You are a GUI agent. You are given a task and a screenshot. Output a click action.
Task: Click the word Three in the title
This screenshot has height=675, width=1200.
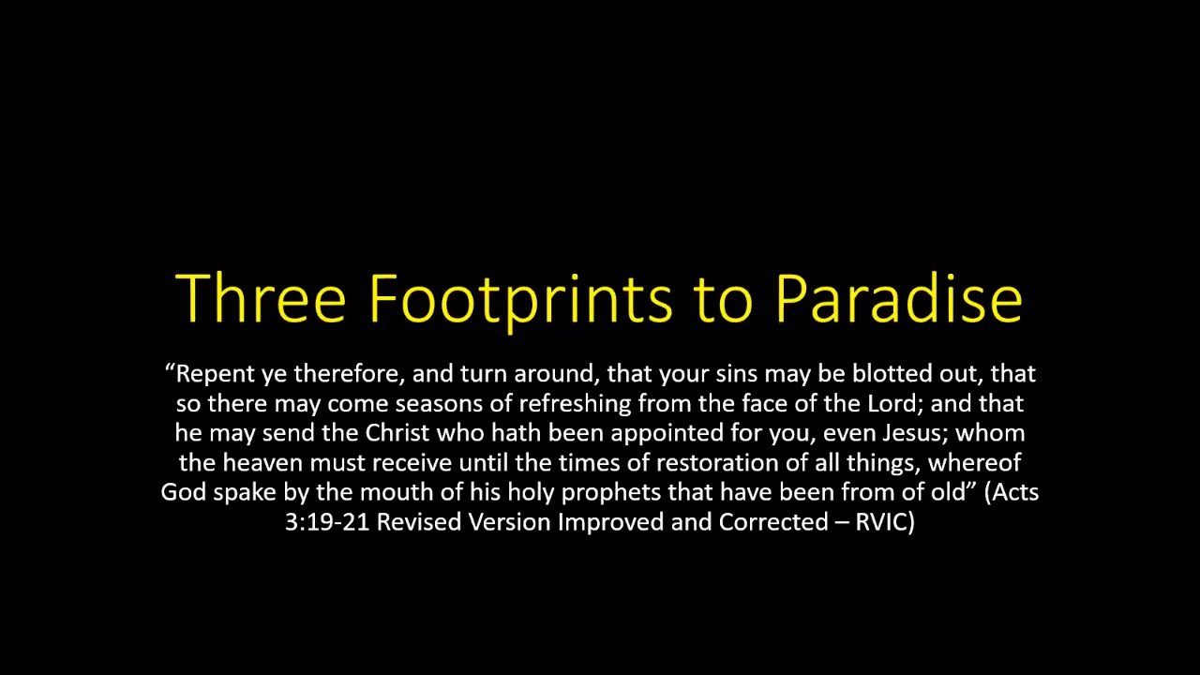[261, 297]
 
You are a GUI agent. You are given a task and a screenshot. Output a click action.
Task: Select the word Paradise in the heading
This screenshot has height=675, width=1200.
[899, 297]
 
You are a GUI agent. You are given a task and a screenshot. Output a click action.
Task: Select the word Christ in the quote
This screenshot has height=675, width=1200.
[397, 433]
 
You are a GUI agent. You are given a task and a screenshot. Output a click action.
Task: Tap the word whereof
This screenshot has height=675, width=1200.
[974, 463]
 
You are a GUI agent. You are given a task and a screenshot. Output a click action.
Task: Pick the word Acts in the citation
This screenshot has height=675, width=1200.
[1012, 492]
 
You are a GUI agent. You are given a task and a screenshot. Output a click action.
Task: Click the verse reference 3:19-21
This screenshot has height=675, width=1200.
[327, 522]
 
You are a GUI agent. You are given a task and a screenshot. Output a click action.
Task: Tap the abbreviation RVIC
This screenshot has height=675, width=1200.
[885, 522]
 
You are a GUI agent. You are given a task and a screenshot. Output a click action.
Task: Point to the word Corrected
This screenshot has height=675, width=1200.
[773, 522]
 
